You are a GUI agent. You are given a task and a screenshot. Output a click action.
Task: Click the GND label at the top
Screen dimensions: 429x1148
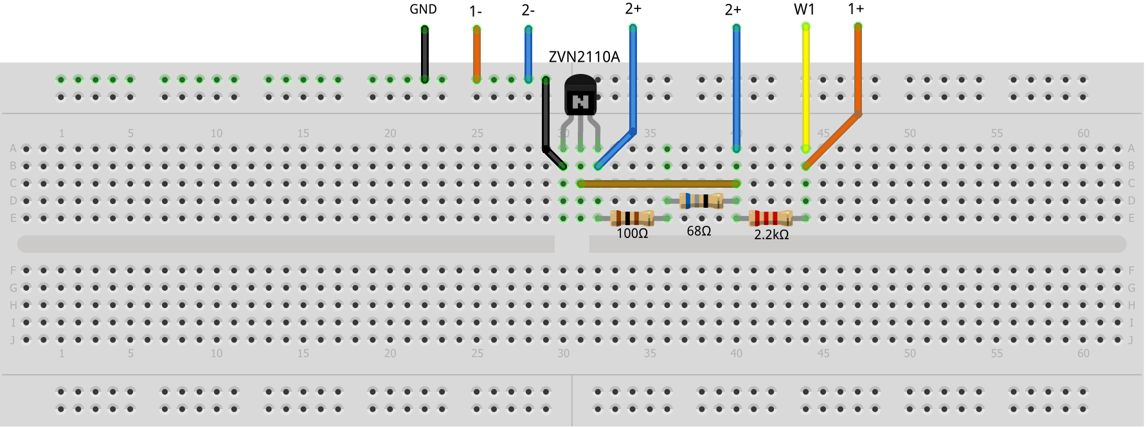[423, 9]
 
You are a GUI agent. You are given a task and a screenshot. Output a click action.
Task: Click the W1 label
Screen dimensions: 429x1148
[804, 9]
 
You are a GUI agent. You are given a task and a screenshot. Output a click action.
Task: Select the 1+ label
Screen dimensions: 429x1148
[856, 9]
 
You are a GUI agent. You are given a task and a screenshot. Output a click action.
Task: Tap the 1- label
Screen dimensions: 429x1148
[476, 11]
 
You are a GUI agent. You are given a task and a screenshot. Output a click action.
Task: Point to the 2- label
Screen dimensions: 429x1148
[528, 10]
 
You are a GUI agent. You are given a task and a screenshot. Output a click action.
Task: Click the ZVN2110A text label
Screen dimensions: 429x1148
[584, 57]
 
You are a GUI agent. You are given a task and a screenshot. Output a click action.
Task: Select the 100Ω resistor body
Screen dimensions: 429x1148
[632, 218]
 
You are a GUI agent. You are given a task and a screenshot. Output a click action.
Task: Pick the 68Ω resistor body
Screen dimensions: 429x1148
[701, 201]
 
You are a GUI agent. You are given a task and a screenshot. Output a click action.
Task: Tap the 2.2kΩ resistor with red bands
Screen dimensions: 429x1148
[771, 218]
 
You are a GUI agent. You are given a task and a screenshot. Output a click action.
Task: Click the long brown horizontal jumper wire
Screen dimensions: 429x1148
[658, 183]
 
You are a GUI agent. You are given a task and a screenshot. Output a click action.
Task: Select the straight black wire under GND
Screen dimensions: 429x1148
[424, 55]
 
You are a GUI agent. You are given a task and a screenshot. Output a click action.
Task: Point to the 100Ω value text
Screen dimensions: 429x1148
[632, 233]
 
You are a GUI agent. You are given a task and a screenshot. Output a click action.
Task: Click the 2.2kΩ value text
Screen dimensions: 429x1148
[771, 235]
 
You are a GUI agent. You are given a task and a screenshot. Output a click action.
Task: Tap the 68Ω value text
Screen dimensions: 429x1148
[699, 231]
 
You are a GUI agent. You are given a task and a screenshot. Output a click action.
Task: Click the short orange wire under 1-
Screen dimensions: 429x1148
[476, 55]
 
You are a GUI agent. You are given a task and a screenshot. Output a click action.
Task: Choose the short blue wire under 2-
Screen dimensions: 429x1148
[528, 55]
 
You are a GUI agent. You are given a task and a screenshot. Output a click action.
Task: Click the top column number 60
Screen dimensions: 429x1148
[1083, 133]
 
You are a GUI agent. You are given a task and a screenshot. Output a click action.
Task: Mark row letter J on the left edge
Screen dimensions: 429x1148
[12, 340]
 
